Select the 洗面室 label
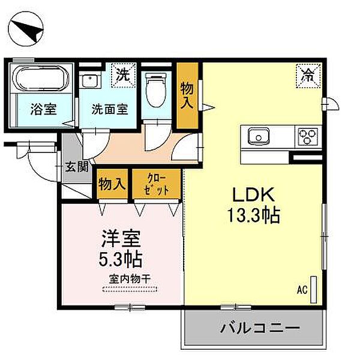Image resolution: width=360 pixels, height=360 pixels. click(x=109, y=110)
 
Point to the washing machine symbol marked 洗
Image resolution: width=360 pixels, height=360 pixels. click(x=123, y=76)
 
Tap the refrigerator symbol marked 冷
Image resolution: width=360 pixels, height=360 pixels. click(x=307, y=76)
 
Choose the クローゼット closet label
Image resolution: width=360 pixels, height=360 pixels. click(x=155, y=183)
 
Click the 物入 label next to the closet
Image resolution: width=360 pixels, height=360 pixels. click(x=112, y=182)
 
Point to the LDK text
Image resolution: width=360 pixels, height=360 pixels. click(x=252, y=194)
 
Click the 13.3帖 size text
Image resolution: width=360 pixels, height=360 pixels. click(x=252, y=214)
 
